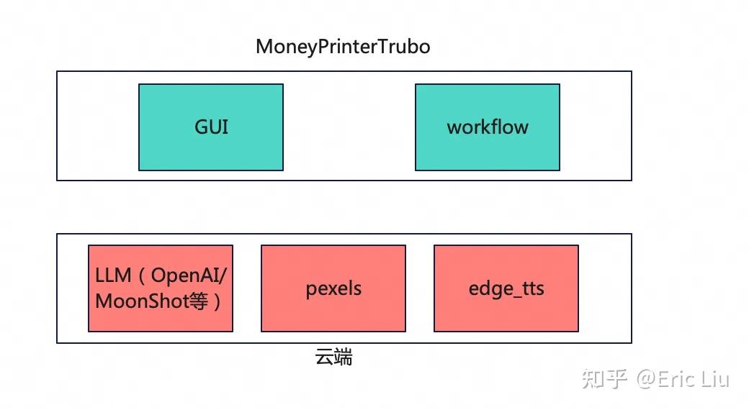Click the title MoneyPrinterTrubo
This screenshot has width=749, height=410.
point(343,47)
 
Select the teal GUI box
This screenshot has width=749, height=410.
point(210,127)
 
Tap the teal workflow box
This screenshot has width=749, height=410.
point(488,127)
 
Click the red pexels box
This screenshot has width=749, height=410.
point(333,288)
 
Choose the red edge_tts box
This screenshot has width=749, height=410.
point(506,288)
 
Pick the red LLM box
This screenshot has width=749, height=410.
point(161,288)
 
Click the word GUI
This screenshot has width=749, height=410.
point(211,127)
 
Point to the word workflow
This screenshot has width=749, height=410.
point(488,127)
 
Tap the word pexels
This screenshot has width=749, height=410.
point(333,288)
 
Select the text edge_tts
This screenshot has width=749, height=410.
point(506,288)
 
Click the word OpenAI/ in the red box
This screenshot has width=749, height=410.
point(189,276)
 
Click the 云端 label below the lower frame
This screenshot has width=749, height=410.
point(333,357)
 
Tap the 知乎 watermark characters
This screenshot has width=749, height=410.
point(604,379)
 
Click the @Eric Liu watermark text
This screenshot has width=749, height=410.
point(683,380)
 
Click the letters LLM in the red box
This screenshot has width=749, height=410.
point(113,275)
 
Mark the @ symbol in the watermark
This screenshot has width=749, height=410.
point(646,380)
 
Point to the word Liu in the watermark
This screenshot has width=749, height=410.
point(715,379)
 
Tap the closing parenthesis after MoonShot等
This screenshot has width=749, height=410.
point(217,301)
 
